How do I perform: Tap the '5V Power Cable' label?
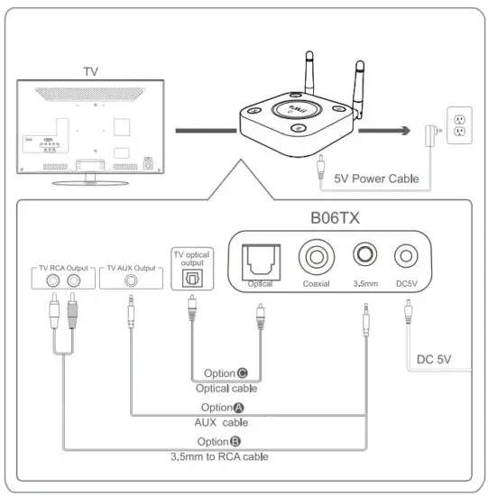[376, 179]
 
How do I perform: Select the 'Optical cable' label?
[226, 389]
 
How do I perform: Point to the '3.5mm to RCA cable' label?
[220, 456]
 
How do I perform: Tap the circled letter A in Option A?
[238, 408]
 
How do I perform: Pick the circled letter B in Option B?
[235, 441]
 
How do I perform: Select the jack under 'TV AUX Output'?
[133, 280]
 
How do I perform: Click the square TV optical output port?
[191, 278]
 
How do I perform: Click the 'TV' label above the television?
[91, 70]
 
